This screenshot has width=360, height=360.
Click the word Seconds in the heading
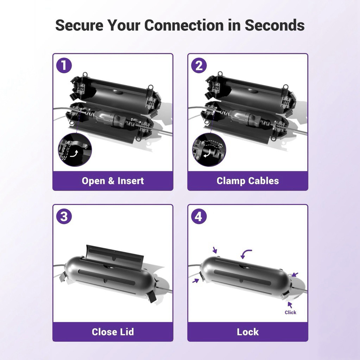[275, 25]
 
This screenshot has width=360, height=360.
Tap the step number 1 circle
[64, 65]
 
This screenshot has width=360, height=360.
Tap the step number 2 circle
[199, 65]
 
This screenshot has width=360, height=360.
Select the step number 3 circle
[64, 216]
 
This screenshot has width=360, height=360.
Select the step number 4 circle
[199, 216]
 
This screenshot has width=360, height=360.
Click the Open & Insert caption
[113, 181]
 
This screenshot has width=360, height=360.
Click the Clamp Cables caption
[248, 181]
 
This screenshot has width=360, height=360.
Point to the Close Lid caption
[113, 332]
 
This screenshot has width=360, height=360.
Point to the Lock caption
[248, 332]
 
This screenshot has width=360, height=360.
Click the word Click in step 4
[290, 312]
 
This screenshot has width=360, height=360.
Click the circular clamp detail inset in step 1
[75, 150]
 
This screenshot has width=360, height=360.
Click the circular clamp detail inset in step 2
[209, 150]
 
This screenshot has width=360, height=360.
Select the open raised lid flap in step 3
[114, 255]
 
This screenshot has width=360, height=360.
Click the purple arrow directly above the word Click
[290, 305]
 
